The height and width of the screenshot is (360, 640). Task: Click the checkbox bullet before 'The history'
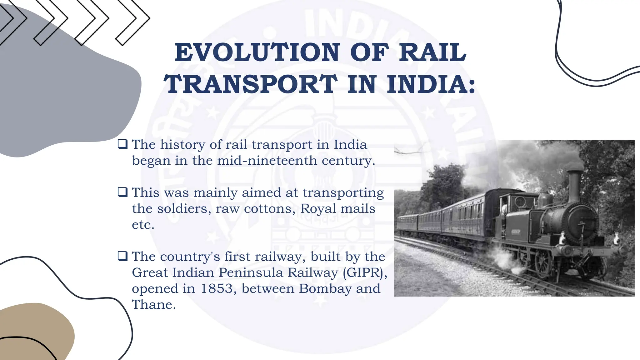[122, 144]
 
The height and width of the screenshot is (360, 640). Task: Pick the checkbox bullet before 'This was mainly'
[122, 192]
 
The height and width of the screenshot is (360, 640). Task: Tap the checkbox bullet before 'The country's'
[122, 256]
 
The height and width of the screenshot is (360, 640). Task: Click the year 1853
[217, 288]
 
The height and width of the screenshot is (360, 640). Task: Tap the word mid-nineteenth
[267, 161]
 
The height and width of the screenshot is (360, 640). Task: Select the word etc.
[143, 225]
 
